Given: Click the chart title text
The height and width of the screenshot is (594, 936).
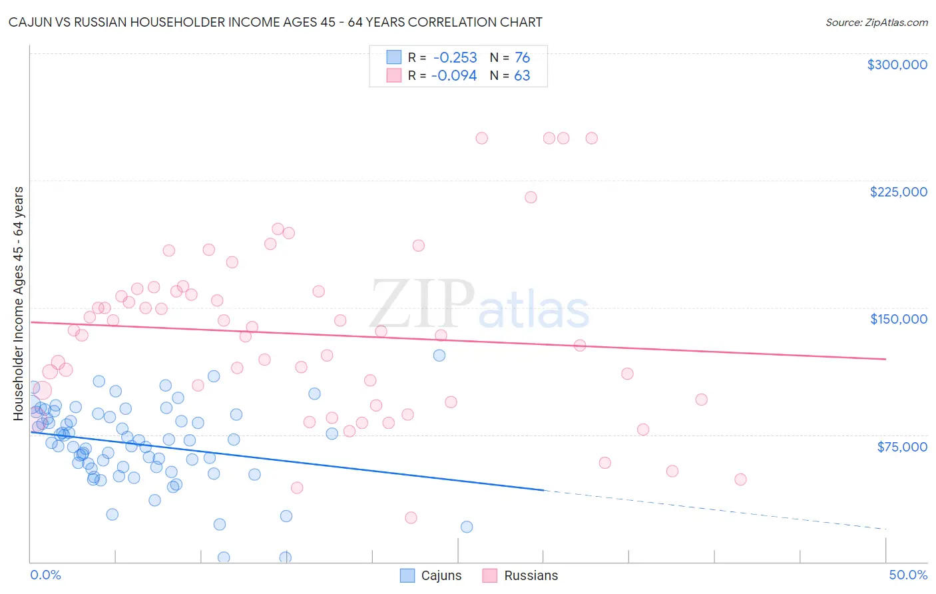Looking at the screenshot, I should click(x=275, y=22).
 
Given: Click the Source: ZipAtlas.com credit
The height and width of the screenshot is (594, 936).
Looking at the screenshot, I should click(x=876, y=22).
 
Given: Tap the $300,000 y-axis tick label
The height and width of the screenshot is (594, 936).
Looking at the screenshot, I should click(x=897, y=65).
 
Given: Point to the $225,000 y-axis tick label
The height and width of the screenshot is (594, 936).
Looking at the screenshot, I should click(x=898, y=192).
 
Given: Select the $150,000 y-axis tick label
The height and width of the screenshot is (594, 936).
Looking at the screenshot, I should click(x=898, y=319).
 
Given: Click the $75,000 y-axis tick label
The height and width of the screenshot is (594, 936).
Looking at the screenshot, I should click(x=901, y=447).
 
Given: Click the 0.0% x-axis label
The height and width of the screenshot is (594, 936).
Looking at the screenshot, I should click(x=45, y=575).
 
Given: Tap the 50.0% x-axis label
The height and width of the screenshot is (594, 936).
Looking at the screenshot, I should click(x=907, y=575).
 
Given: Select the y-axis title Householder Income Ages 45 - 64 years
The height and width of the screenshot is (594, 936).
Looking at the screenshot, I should click(x=19, y=304).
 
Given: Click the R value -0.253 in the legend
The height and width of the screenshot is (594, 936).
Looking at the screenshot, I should click(x=455, y=58).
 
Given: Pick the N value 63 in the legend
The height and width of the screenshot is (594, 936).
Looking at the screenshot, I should click(x=522, y=76).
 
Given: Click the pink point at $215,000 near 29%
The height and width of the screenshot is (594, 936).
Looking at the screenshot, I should click(x=531, y=197).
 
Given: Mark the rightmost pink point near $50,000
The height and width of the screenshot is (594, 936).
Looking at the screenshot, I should click(x=740, y=479).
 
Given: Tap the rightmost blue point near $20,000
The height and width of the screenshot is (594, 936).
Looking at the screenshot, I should click(x=467, y=527).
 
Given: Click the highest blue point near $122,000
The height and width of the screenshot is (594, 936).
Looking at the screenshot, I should click(x=439, y=356).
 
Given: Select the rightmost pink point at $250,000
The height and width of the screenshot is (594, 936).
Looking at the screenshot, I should click(x=591, y=139).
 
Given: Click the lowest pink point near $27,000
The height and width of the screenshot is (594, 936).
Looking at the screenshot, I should click(x=411, y=518).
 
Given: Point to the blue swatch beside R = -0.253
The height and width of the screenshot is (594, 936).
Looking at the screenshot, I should click(x=394, y=58).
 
